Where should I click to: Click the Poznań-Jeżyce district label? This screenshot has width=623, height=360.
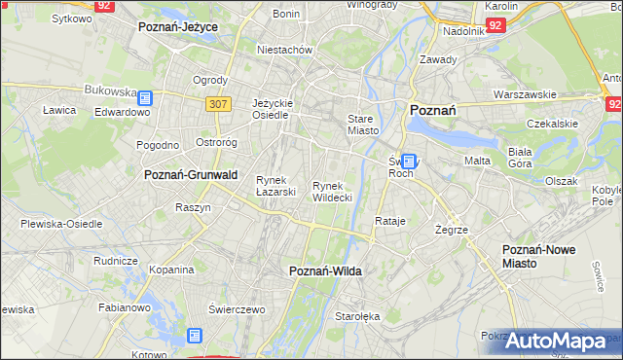(x=177, y=27)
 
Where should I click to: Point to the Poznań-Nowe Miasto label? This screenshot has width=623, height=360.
(x=538, y=256)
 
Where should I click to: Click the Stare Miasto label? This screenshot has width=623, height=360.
(x=361, y=125)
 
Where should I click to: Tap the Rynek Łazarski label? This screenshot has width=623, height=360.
(x=275, y=186)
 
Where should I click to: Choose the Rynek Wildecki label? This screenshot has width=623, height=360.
(x=332, y=192)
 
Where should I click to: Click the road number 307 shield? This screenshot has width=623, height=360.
(x=218, y=103)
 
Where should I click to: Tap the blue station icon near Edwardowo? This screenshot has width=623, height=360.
(x=145, y=97)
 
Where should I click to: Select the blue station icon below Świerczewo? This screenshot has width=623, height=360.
(x=195, y=336)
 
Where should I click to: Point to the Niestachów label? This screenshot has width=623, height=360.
(x=283, y=50)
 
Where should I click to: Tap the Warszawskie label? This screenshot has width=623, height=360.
(x=525, y=95)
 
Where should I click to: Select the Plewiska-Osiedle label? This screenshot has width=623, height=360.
(x=61, y=224)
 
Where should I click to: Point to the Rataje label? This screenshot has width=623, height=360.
(x=389, y=222)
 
